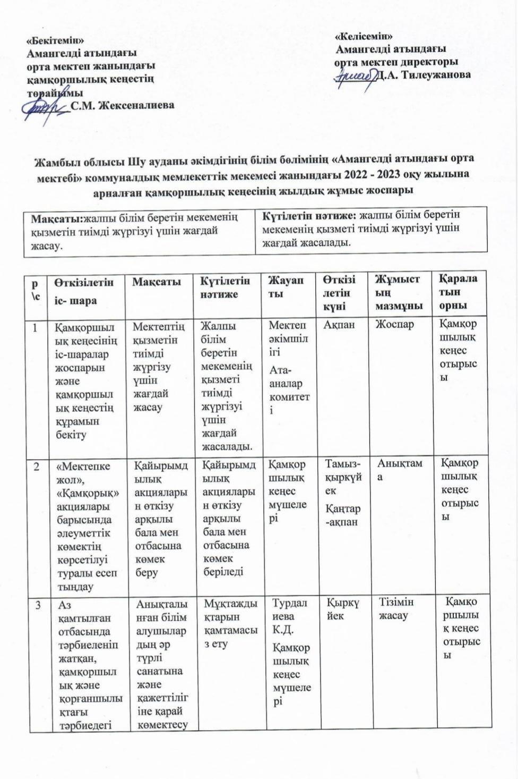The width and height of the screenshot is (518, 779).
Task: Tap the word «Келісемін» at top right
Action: tap(364, 36)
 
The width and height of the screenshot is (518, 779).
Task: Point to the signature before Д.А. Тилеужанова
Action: tap(355, 78)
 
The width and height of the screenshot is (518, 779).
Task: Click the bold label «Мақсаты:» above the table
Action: tap(57, 218)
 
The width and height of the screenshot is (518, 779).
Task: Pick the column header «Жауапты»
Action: tap(286, 287)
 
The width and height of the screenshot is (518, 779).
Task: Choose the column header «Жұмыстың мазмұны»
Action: tap(399, 292)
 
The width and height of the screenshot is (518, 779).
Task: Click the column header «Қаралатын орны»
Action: tap(457, 292)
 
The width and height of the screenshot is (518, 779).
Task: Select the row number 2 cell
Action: tap(37, 467)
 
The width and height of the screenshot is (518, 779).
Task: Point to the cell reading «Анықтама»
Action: tap(399, 470)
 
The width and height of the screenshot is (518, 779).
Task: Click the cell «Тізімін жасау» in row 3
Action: tap(396, 609)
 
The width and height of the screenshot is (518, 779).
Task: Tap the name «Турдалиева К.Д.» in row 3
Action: tap(289, 616)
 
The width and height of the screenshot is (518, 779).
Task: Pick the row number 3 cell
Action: tap(39, 605)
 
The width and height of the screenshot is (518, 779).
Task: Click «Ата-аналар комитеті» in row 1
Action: tap(289, 390)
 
